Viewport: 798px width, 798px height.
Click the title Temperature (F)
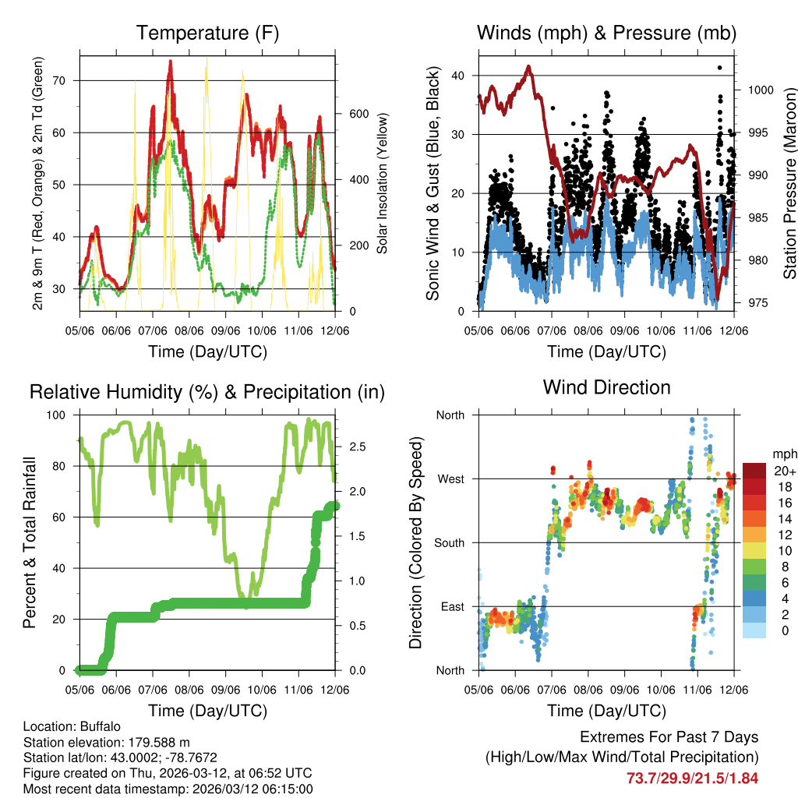[207, 34]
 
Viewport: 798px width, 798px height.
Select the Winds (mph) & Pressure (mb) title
[606, 34]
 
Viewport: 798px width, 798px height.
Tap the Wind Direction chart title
[606, 387]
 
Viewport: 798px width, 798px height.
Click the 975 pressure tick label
[758, 302]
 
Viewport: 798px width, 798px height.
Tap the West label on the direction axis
[450, 479]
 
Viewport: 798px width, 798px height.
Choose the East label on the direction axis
[451, 606]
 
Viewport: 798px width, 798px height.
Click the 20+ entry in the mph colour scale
[785, 471]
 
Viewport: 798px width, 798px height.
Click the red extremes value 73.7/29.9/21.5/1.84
[692, 778]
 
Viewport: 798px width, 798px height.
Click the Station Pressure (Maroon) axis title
[789, 184]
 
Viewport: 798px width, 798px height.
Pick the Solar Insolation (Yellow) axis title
[383, 184]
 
